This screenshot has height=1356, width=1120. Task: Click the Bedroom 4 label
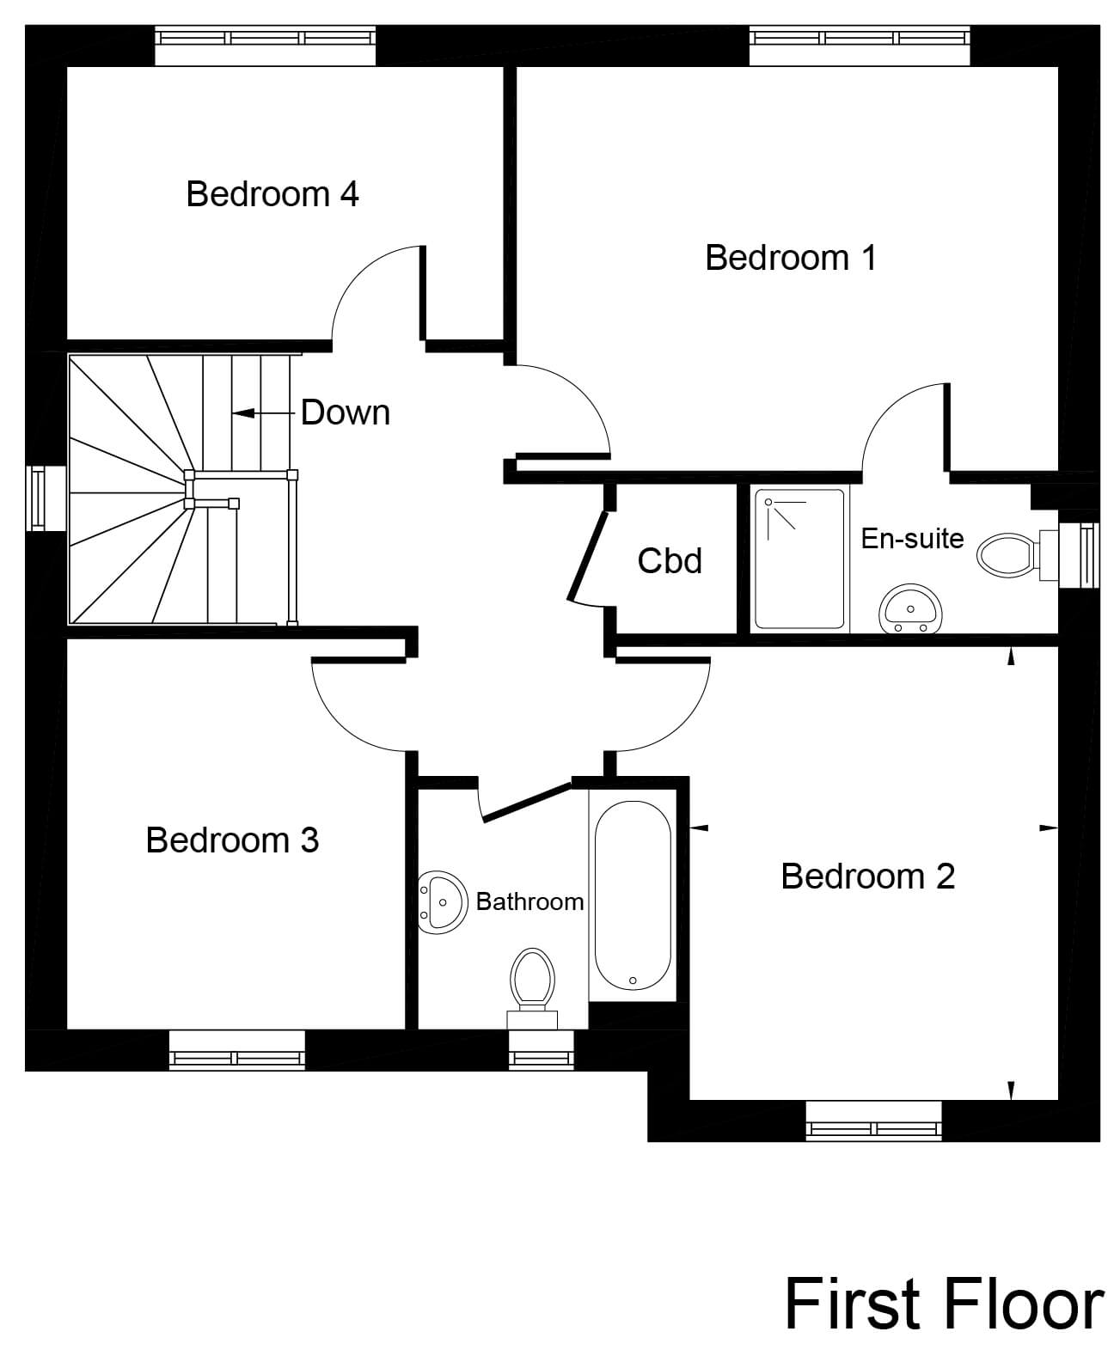click(x=272, y=194)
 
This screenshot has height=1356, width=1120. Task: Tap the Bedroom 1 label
click(x=790, y=258)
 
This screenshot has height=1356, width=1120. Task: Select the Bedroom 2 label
click(x=867, y=877)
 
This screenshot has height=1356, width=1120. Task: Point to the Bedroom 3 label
click(x=232, y=840)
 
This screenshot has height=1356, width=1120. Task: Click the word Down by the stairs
click(x=345, y=413)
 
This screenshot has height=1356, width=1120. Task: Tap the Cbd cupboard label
click(x=670, y=561)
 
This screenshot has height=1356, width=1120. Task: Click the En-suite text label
click(x=912, y=539)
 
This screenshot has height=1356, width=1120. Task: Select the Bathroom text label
click(x=529, y=901)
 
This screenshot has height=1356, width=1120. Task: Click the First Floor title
click(x=943, y=1304)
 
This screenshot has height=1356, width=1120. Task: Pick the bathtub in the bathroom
click(x=633, y=895)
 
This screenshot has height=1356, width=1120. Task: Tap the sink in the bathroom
click(x=442, y=902)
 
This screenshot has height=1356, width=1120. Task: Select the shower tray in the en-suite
click(x=799, y=559)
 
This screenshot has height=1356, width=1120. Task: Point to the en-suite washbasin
click(x=909, y=609)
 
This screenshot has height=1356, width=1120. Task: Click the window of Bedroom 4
click(x=265, y=39)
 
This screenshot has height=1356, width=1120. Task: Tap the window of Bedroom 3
click(x=237, y=1049)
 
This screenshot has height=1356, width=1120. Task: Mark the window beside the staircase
click(x=37, y=498)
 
